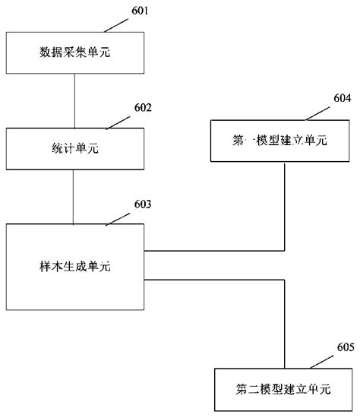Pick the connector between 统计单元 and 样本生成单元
pyautogui.click(x=74, y=197)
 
